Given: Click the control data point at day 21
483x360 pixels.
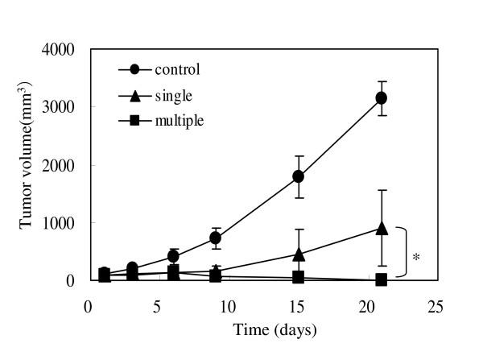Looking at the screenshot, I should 382,97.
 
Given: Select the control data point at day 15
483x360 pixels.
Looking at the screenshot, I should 298,176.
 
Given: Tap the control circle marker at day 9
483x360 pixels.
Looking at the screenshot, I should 215,238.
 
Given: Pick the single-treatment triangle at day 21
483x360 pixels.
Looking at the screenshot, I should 382,228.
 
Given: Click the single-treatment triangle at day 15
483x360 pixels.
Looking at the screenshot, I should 298,254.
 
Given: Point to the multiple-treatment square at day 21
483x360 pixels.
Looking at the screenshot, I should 382,279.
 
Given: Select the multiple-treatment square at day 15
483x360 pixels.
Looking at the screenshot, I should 298,277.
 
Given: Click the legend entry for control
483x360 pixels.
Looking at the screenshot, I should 165,69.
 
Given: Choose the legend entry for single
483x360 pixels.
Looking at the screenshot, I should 162,95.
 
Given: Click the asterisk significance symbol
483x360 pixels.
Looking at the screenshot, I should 416,259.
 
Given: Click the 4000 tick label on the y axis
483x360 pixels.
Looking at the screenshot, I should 60,49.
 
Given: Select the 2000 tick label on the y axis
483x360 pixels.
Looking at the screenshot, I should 60,165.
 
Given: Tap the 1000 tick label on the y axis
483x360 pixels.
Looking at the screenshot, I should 60,223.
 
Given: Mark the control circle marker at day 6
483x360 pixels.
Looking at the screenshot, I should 173,256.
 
